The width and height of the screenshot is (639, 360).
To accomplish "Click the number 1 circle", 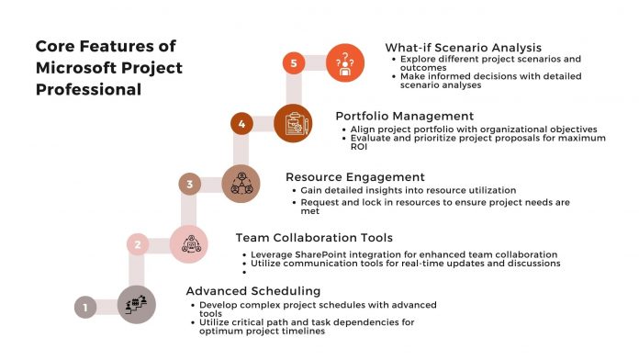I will tap(84, 308).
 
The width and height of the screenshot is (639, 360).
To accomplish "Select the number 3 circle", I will tap(189, 185).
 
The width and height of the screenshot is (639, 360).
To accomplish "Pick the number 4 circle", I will tap(241, 123).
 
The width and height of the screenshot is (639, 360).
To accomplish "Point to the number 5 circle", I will tap(293, 63).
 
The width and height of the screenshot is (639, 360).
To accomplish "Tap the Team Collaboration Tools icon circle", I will tap(188, 243).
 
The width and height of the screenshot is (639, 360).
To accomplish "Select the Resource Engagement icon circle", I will tap(241, 182).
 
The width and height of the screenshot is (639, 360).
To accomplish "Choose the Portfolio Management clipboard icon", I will tap(293, 121).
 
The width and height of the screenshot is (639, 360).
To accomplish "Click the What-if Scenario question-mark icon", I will tap(345, 62).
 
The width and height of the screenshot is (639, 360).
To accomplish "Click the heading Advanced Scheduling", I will tap(241, 290).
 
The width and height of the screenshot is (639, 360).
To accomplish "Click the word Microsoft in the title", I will tap(77, 68).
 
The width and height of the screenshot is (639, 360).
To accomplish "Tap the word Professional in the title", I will tap(88, 90).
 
